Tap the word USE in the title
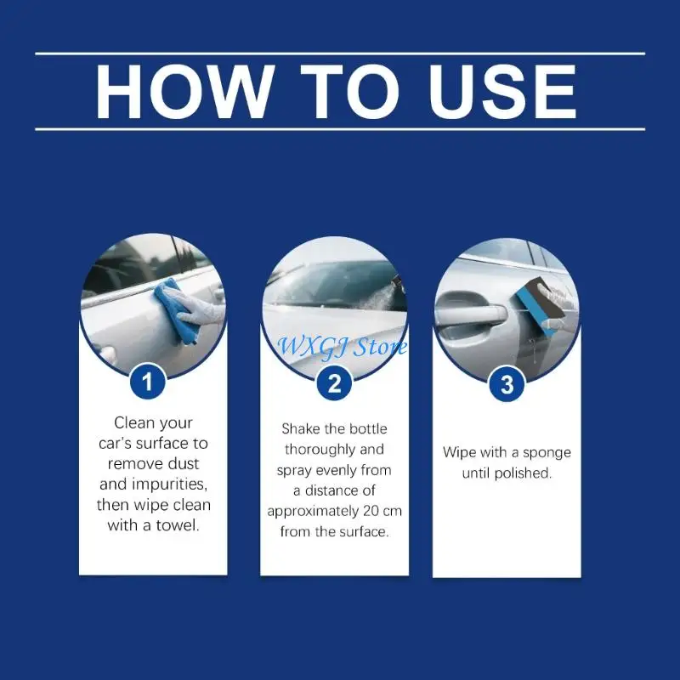tap(502, 92)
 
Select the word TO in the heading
tap(350, 92)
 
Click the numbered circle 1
tap(147, 382)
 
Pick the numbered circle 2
tap(334, 383)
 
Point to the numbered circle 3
tap(507, 384)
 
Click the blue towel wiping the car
tap(176, 310)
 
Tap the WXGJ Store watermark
tap(342, 347)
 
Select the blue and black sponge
tap(540, 307)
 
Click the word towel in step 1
tap(178, 525)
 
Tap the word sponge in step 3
tap(547, 453)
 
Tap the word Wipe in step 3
tap(457, 452)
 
